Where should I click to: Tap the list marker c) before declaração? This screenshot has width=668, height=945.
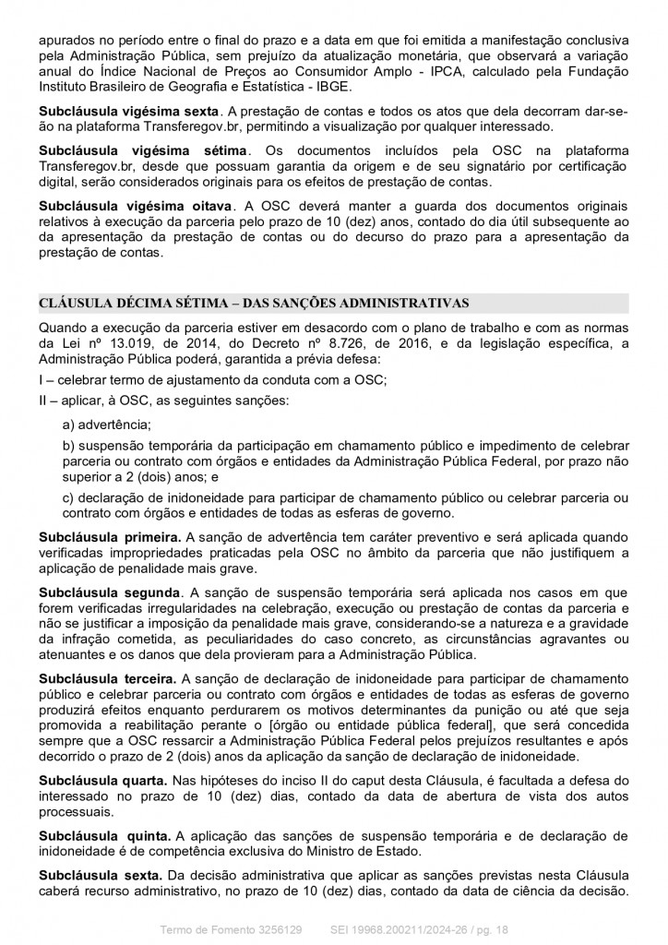[68, 497]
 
